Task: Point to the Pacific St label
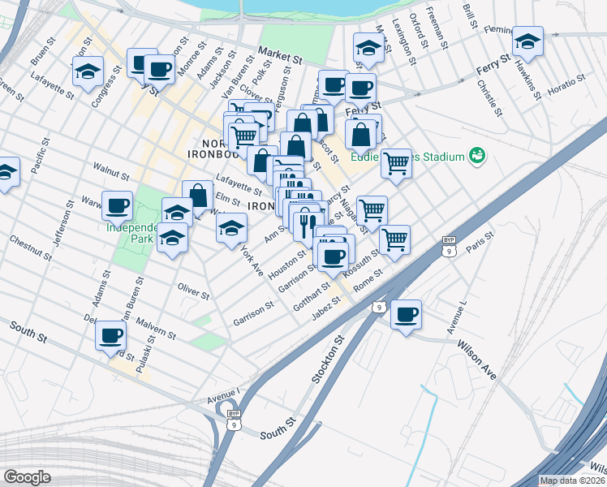click(37, 159)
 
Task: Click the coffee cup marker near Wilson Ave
click(406, 314)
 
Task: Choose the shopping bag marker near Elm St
click(197, 195)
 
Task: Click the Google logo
click(28, 477)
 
